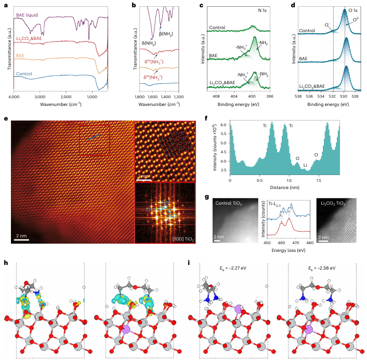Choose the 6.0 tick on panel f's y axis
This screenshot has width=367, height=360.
point(222,125)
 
